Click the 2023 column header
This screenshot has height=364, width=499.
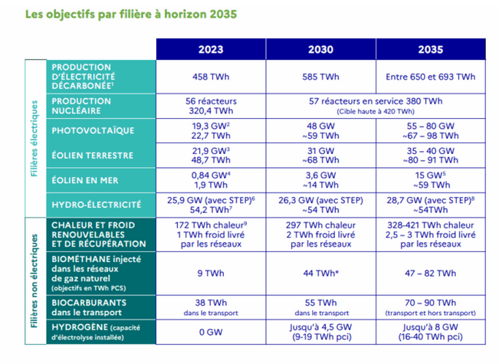pos(211,49)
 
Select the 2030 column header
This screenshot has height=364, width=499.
pos(320,49)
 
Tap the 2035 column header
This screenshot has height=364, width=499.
pos(430,49)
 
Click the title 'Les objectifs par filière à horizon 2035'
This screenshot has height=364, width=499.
pos(131,15)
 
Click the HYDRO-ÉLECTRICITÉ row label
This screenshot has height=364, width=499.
pos(96,205)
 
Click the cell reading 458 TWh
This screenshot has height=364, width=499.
pos(211,77)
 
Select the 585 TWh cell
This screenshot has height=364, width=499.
pos(320,77)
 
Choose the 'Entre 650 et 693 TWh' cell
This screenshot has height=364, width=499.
pos(430,77)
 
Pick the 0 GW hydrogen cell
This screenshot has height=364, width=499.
pos(211,332)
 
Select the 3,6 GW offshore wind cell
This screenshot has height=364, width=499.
pos(320,175)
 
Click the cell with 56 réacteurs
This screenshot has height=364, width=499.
pos(211,100)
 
